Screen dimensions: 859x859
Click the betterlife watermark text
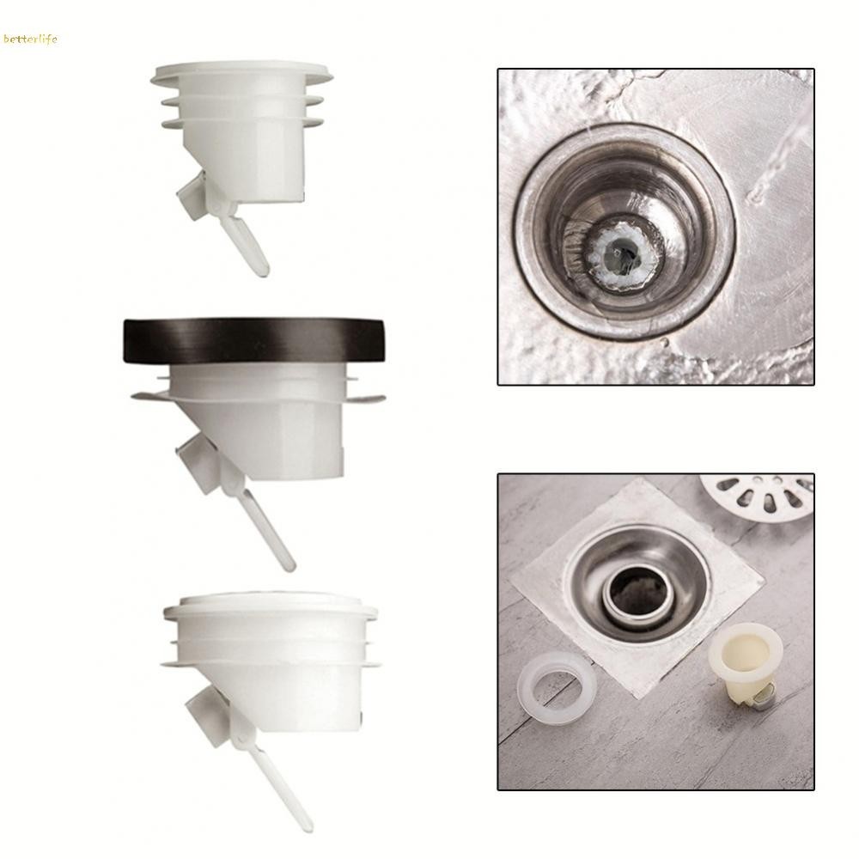click(x=30, y=39)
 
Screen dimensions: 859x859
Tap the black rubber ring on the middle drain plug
click(x=256, y=341)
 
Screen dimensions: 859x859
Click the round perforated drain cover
click(x=757, y=496)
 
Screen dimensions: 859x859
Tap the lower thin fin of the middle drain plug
click(x=258, y=398)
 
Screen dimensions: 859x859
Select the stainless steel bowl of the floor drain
click(x=638, y=583)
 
